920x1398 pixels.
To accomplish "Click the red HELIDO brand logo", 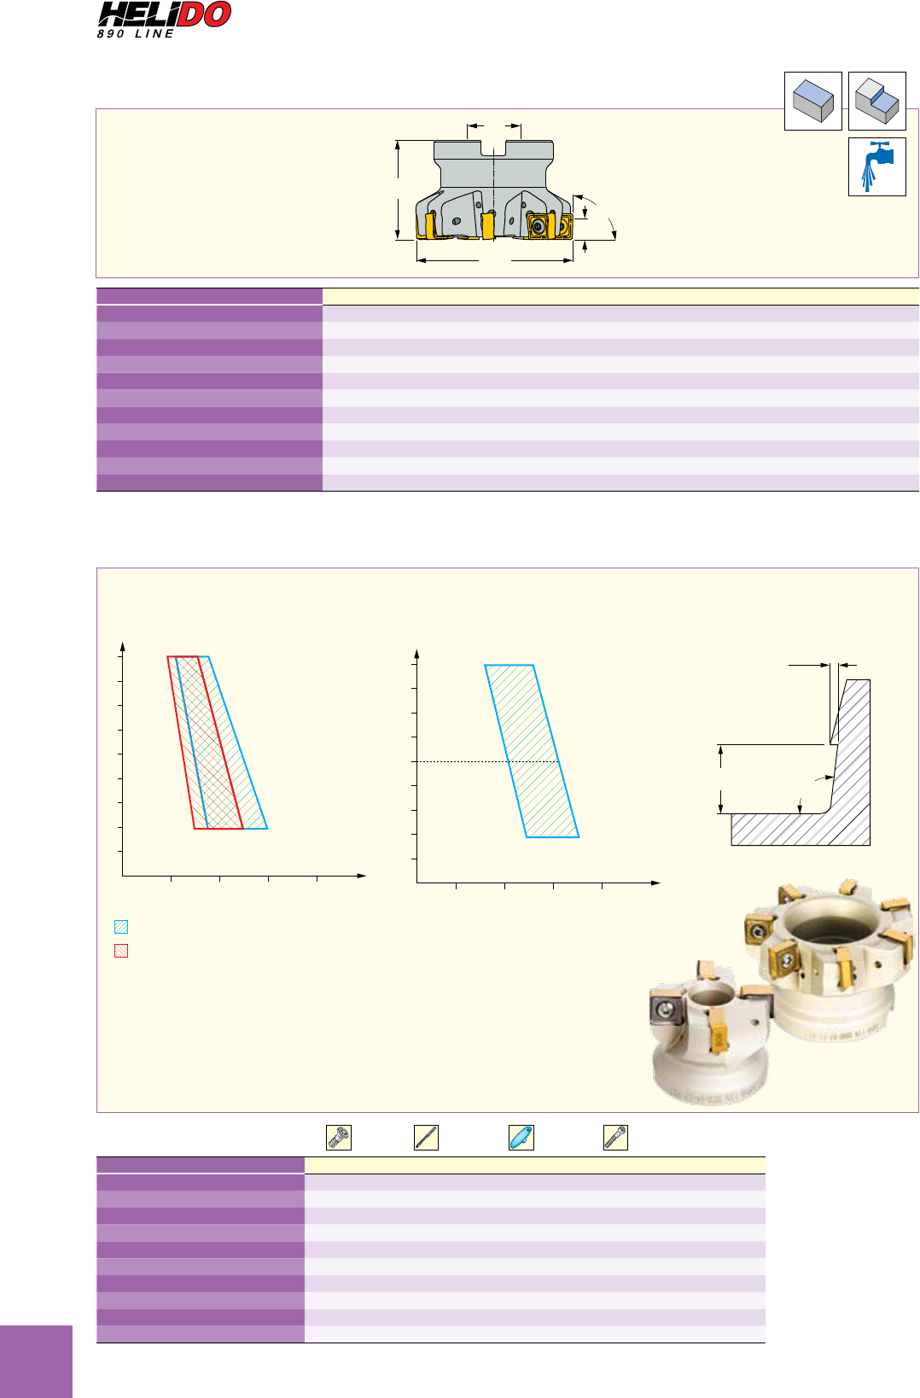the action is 164,15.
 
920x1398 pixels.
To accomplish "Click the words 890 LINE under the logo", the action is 136,34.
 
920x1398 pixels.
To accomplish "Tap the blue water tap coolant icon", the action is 877,166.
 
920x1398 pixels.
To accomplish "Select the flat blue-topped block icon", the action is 812,101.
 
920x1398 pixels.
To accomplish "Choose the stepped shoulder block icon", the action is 877,101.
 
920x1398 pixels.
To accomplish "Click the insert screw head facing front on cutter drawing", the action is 538,226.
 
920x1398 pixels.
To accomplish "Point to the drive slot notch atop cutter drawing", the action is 493,149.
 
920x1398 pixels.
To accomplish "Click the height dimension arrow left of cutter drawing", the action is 398,189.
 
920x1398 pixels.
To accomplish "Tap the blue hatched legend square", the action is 121,927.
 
